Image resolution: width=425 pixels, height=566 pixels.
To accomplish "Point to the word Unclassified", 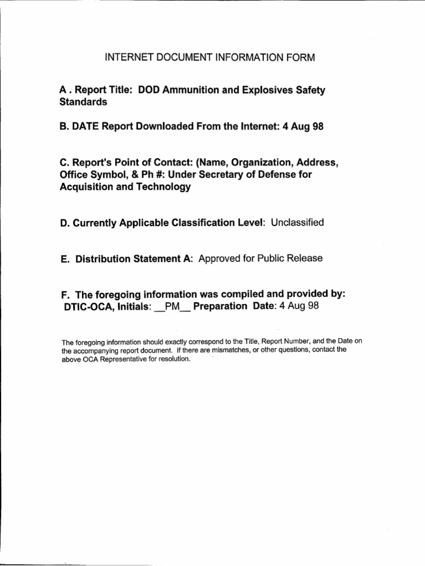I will click(297, 223).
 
